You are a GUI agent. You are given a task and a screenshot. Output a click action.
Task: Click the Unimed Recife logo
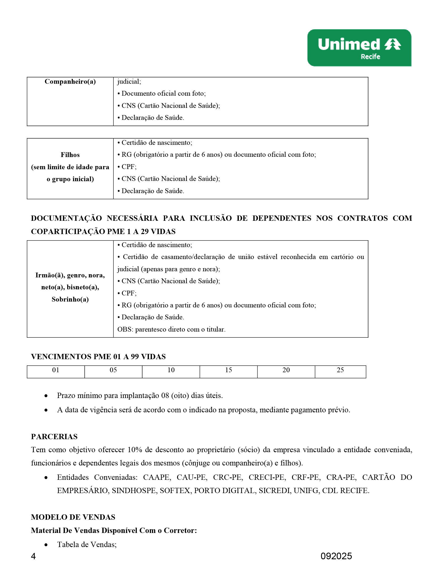coord(359,48)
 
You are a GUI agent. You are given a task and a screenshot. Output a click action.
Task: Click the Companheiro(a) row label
coord(70,82)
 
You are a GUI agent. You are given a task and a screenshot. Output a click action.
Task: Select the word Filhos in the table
coord(70,155)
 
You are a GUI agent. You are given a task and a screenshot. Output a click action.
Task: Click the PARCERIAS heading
coord(54,437)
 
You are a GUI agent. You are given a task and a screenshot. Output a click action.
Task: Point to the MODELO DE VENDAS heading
coord(73,517)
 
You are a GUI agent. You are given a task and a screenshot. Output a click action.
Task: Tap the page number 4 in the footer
coord(33,556)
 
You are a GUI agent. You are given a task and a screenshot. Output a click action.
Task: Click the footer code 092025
coord(336,556)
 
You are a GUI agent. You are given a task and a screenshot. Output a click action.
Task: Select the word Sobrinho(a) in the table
coord(70,299)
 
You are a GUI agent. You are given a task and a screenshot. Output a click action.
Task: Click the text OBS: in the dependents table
coord(125,329)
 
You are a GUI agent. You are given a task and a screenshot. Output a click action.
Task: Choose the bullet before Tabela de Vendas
coord(46,545)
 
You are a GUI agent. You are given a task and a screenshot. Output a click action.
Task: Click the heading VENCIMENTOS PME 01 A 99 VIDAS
coord(98,357)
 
